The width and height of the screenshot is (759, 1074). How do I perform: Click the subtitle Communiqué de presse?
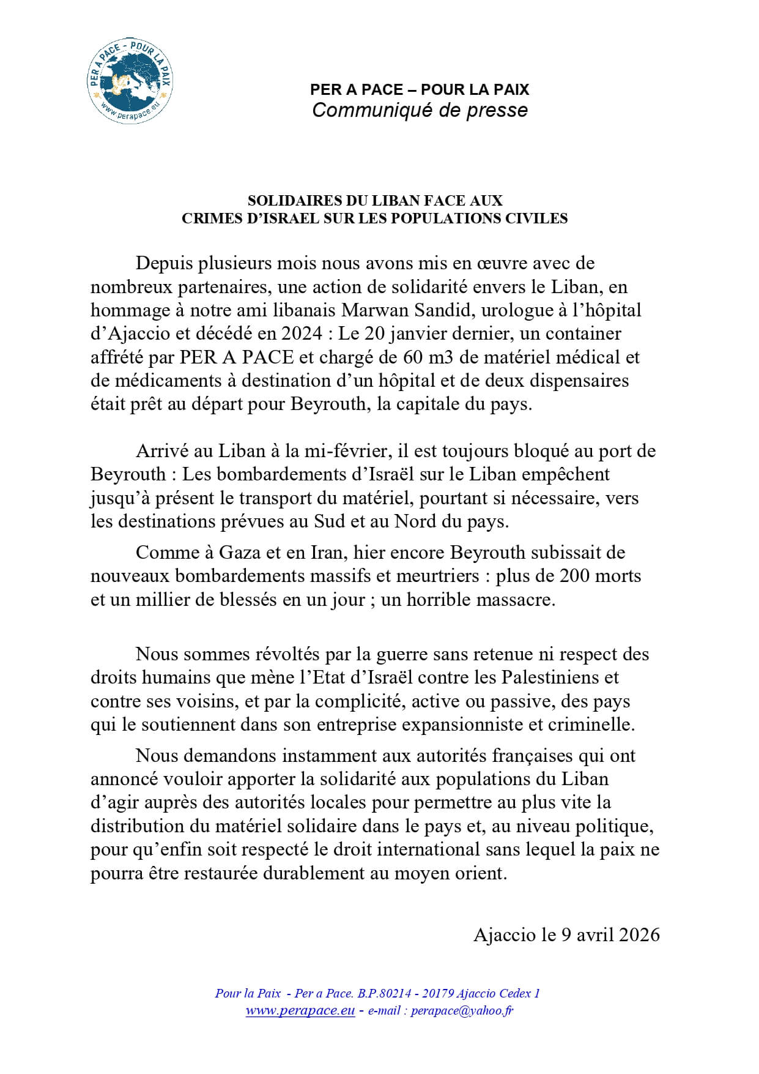tap(420, 110)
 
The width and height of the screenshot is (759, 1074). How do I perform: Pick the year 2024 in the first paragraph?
tap(296, 334)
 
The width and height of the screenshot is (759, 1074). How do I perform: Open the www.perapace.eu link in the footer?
tap(300, 1011)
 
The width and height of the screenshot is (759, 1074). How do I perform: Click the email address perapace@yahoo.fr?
tap(462, 1011)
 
